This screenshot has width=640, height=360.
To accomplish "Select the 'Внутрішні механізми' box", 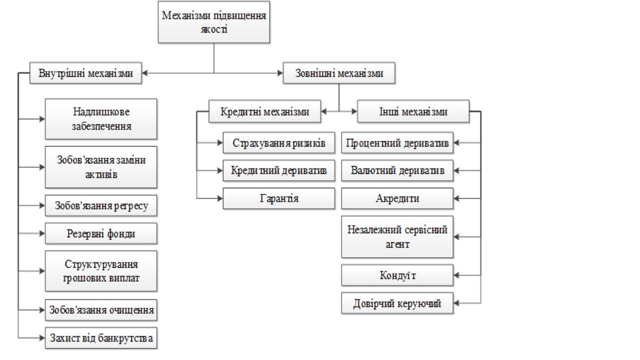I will [x=86, y=74].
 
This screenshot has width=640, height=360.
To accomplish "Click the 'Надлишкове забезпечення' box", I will [x=102, y=119].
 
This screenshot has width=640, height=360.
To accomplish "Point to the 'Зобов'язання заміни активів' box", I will [x=102, y=167].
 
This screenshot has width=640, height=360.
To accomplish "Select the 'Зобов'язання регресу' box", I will [x=102, y=206].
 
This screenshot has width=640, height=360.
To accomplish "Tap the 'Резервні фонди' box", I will [x=102, y=234].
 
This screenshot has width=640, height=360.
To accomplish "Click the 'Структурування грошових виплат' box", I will [x=102, y=271].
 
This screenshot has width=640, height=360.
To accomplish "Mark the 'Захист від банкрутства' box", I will [x=102, y=337].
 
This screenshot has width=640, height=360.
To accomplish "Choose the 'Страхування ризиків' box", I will [x=279, y=143].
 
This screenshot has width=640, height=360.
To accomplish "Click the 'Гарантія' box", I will [x=279, y=198].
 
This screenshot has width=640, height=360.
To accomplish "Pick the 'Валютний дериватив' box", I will [x=397, y=171].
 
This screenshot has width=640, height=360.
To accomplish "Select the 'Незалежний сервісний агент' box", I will [x=397, y=237].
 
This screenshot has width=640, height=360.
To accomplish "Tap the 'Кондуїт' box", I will [x=397, y=275].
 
